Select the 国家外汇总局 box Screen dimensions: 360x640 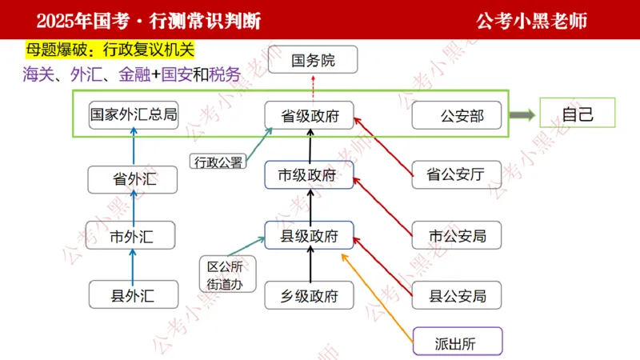[133, 114]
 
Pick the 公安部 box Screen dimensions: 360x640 [459, 116]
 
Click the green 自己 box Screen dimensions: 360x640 [578, 114]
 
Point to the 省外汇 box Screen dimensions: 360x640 [133, 180]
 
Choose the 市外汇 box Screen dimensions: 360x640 [130, 236]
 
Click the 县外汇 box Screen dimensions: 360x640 [133, 296]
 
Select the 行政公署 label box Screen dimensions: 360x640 [218, 162]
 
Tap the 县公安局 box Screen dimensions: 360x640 [457, 296]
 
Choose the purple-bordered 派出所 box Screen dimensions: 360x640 [457, 342]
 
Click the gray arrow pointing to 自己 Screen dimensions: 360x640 [522, 114]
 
